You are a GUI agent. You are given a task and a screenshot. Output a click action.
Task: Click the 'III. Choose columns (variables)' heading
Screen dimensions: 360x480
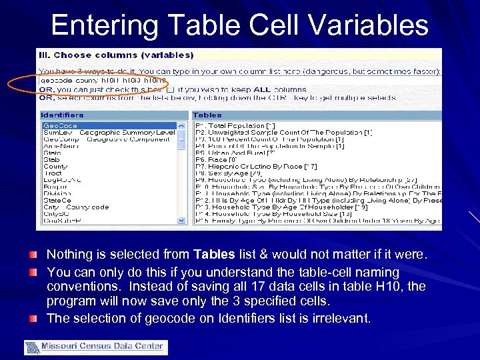pos(117,55)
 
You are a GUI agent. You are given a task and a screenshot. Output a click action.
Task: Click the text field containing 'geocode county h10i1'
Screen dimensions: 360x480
pos(103,79)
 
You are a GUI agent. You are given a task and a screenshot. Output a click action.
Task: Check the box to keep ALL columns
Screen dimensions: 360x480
pos(171,89)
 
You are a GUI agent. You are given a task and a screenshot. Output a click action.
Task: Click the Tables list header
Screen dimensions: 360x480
pos(207,115)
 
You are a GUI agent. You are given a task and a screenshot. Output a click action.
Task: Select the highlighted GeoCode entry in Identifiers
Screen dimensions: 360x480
pos(61,125)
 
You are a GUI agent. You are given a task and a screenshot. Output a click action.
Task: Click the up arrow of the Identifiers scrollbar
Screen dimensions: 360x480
pos(181,125)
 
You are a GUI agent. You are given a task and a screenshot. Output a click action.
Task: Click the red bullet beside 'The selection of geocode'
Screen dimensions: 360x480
pos(33,318)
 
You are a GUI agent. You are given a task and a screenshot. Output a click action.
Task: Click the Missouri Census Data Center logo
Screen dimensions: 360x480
pos(96,347)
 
